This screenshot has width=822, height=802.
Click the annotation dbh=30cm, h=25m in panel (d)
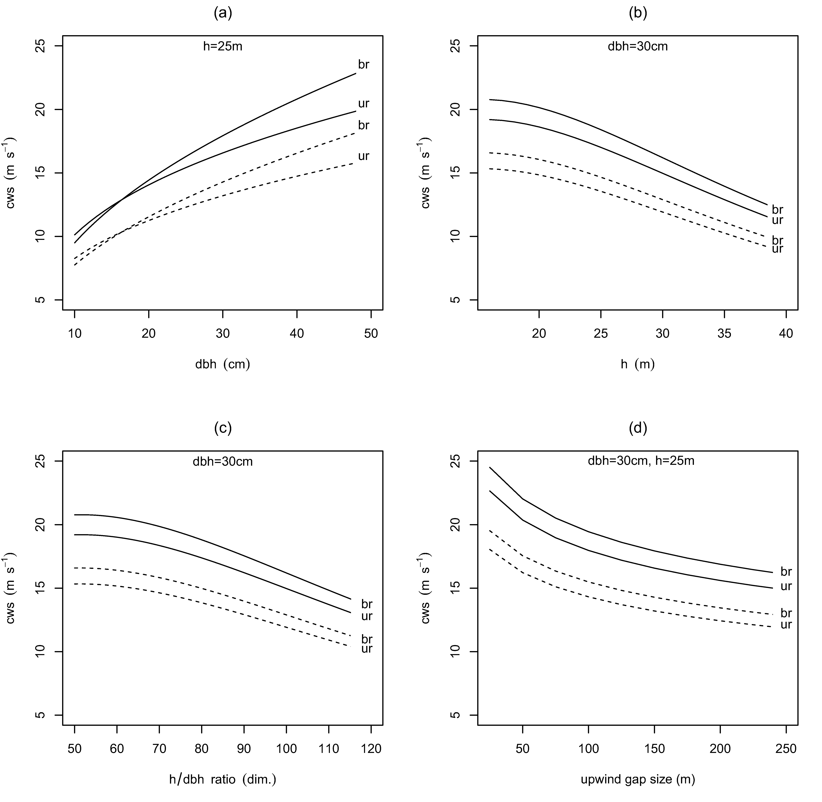tap(641, 461)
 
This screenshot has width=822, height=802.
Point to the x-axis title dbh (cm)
tap(223, 364)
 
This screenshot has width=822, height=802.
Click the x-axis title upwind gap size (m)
tap(638, 780)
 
